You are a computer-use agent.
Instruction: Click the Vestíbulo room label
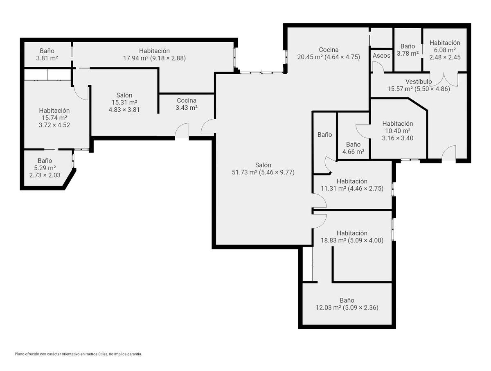[x=419, y=81]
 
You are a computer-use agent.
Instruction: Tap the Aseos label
[x=381, y=56]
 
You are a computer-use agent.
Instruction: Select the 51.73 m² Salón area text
[x=263, y=172]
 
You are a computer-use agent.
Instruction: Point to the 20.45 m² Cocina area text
[x=329, y=57]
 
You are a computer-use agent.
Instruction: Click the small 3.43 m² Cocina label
[x=187, y=104]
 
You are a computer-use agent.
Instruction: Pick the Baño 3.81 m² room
[x=47, y=54]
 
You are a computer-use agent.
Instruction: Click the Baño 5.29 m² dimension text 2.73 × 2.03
[x=45, y=175]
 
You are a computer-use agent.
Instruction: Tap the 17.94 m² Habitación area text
[x=154, y=58]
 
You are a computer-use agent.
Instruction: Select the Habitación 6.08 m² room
[x=445, y=50]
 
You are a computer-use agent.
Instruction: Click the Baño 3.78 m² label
[x=408, y=50]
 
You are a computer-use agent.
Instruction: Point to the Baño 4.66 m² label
[x=353, y=148]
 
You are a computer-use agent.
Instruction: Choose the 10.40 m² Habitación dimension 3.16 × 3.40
[x=397, y=138]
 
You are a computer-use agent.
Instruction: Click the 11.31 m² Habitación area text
[x=352, y=188]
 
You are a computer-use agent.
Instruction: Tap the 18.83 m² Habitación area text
[x=352, y=240]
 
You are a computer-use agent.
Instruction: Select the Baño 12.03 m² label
[x=347, y=304]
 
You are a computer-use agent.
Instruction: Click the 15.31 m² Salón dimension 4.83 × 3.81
[x=124, y=110]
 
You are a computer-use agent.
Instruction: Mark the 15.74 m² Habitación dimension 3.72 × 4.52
[x=54, y=125]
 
